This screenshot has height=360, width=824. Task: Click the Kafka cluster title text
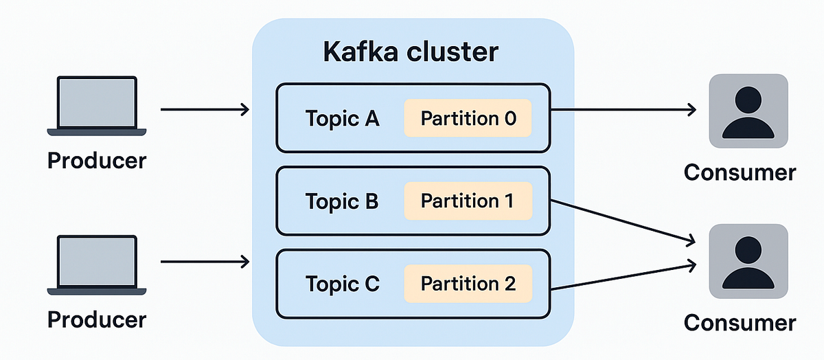click(411, 52)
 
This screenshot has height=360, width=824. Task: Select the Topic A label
click(342, 119)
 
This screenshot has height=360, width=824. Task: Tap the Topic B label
click(342, 201)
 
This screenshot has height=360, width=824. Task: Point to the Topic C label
click(342, 284)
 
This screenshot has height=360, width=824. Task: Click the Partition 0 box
click(468, 118)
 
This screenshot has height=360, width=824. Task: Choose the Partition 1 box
click(468, 201)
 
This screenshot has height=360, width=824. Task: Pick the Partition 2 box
click(468, 283)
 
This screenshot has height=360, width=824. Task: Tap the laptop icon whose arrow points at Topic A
click(96, 106)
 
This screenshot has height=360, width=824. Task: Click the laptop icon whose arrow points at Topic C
click(96, 265)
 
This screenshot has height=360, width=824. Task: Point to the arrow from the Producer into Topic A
click(205, 109)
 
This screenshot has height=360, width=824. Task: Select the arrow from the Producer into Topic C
click(205, 260)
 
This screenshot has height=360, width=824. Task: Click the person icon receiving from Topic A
click(748, 111)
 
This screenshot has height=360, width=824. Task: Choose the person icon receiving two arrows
click(748, 261)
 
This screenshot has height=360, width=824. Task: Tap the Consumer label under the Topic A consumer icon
click(740, 172)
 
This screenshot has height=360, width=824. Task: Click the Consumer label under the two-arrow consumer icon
click(740, 322)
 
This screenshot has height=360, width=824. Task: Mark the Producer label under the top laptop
click(97, 160)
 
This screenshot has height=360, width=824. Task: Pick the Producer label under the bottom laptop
click(97, 319)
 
